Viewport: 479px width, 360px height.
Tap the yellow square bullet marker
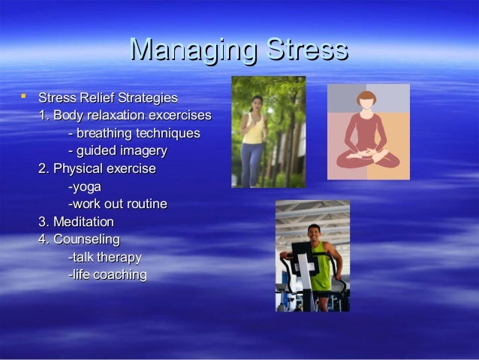23,96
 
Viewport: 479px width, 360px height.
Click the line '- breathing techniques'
134,134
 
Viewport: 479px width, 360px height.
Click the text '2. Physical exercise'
97,169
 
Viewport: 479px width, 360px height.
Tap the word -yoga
84,186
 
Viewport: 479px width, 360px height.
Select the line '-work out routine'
117,204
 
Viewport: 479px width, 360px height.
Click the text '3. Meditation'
76,222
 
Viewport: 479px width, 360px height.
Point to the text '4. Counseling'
79,239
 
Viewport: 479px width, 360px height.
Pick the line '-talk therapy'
104,257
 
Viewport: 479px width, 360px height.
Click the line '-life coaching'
107,274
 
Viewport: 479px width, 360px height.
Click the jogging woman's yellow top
254,129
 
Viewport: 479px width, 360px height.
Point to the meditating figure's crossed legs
368,158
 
